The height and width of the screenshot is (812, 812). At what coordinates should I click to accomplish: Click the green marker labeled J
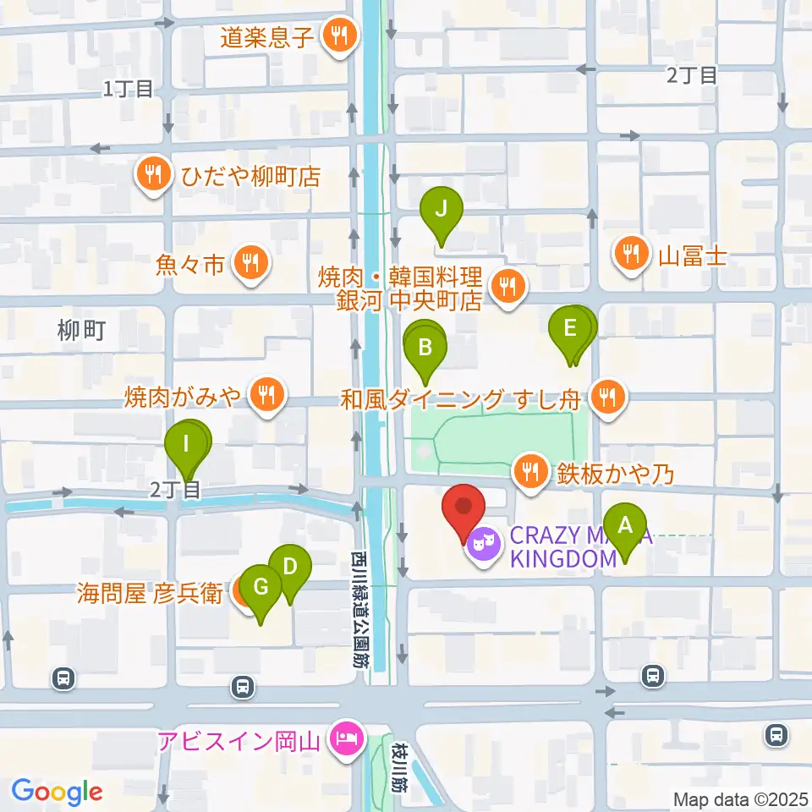pos(441,208)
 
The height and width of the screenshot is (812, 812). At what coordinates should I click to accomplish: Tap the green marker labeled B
pos(425,346)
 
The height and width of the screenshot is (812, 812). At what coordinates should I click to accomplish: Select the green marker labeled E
pos(570,328)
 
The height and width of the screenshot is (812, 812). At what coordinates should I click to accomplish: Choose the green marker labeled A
pos(625,525)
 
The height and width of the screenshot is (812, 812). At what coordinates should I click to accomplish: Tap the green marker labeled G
pos(261,585)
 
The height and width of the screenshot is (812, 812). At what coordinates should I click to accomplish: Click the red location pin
pos(464,507)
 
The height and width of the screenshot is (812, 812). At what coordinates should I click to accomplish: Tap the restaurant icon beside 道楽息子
pos(342,36)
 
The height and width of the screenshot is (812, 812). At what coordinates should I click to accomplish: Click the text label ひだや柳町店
pos(250,176)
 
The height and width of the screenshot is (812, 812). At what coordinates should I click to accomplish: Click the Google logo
pos(57,791)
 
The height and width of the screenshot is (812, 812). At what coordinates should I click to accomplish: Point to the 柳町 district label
pos(82,330)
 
